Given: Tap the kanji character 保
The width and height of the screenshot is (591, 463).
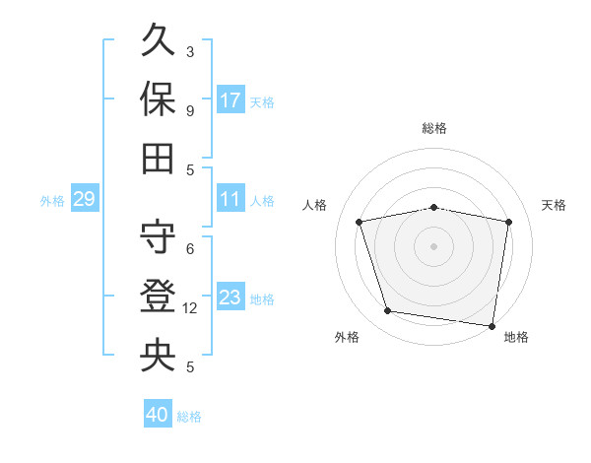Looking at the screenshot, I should point(158,99).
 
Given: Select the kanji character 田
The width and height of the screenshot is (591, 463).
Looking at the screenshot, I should point(158,158).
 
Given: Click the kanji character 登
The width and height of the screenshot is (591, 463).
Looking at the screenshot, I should point(158,296).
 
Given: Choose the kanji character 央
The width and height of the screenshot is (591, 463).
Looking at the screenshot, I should point(158,355).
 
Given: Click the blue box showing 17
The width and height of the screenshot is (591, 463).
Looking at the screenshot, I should point(230,99).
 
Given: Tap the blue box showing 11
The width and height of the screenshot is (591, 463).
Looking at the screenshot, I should point(230,198).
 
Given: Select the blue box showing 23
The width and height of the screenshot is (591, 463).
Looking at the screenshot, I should point(230,297).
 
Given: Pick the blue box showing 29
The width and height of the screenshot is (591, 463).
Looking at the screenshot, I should point(84,199).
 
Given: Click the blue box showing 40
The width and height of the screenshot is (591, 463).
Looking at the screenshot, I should point(158,415).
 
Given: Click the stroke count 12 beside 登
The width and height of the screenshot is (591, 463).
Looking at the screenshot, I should point(190,308).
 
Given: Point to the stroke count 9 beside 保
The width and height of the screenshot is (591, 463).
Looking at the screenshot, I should point(190,110).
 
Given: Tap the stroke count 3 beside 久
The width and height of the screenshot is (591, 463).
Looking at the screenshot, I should point(190,51).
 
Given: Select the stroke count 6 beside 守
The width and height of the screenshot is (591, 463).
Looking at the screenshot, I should point(190,249).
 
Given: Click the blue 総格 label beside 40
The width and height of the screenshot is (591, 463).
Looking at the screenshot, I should point(189,417).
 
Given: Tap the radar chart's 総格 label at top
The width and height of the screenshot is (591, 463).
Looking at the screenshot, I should point(434,128).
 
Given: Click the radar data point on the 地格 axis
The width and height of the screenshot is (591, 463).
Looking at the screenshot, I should point(492,325).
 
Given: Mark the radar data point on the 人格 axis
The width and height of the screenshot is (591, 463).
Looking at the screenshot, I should point(360,222).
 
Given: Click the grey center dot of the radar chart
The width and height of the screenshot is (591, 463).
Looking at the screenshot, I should point(434,245).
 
